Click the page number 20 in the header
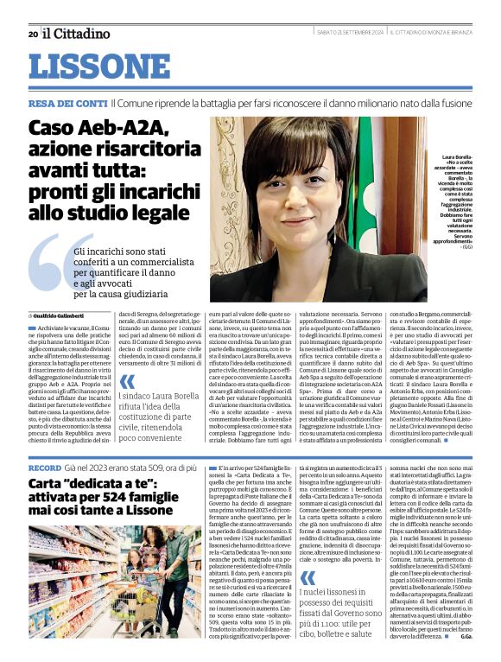(x=32, y=34)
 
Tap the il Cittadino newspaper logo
(x=77, y=34)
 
